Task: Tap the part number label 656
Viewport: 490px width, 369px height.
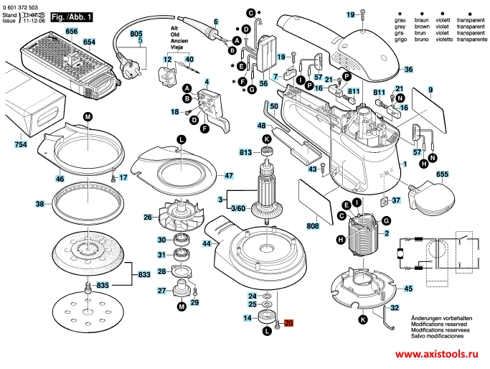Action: (71, 32)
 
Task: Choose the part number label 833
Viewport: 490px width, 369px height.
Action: (144, 274)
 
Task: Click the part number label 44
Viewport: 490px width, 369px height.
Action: (207, 244)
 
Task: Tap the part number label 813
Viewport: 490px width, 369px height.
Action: (246, 152)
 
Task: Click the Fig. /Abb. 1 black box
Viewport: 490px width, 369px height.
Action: (58, 15)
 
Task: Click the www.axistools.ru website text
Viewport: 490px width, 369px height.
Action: (437, 355)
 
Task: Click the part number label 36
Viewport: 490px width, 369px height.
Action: (407, 70)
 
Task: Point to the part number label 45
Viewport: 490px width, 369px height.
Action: (408, 289)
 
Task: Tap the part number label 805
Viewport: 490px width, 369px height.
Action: (136, 34)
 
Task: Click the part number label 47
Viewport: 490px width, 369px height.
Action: (228, 175)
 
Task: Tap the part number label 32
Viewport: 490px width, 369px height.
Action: (394, 309)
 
